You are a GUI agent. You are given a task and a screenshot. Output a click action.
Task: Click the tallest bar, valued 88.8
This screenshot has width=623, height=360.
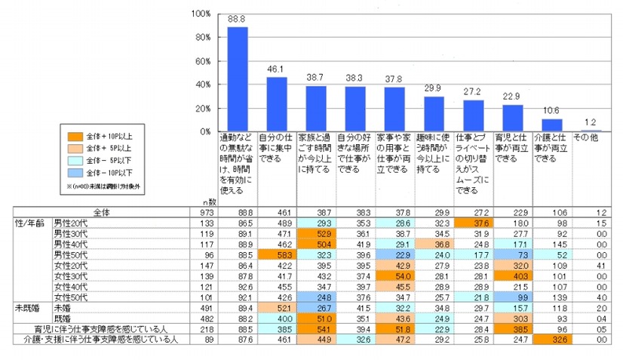click(x=238, y=79)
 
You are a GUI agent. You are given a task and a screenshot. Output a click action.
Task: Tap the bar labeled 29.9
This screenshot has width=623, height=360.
click(x=434, y=114)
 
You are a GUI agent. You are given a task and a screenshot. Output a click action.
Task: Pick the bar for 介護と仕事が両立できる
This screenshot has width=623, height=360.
click(x=551, y=125)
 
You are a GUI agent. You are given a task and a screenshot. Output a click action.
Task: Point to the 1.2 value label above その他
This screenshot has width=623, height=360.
click(x=591, y=123)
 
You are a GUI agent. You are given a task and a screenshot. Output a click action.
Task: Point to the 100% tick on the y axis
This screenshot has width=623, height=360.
click(x=201, y=14)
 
